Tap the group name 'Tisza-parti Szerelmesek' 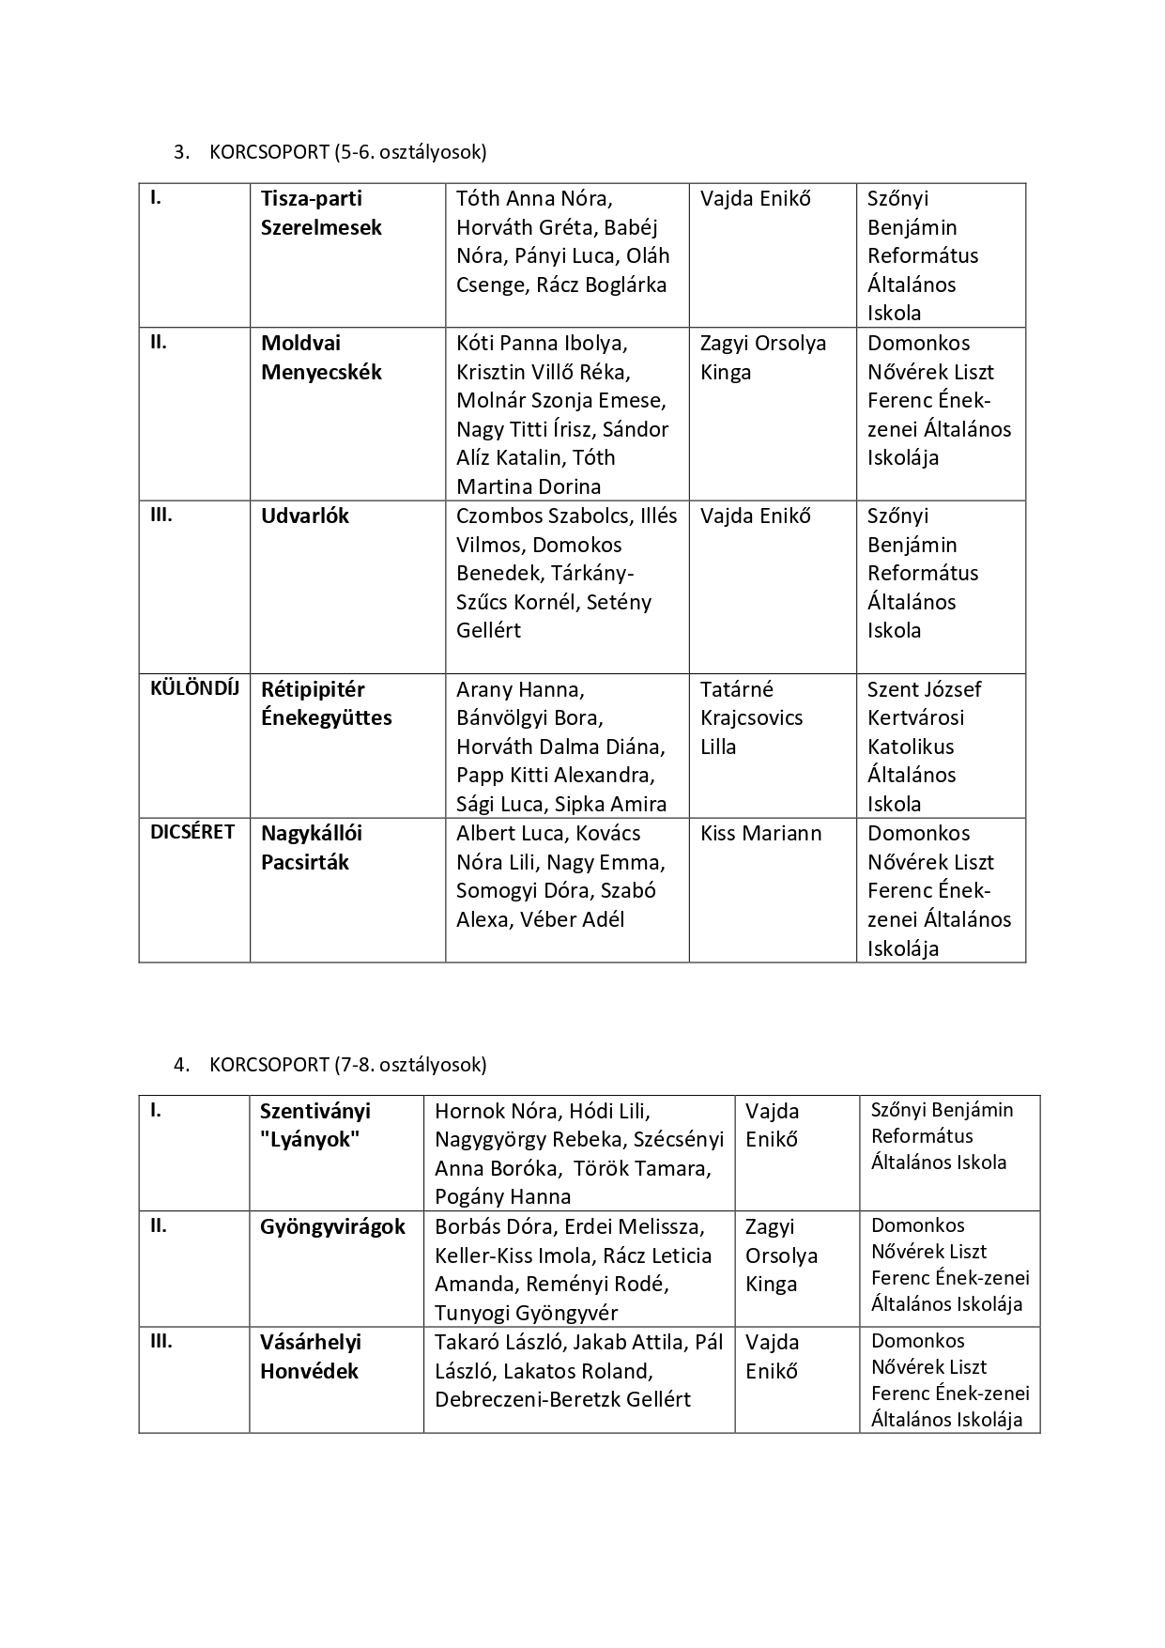pos(321,213)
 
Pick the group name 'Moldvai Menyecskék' pos(321,358)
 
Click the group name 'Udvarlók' pos(305,516)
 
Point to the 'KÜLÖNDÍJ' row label pos(194,688)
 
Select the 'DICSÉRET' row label pos(192,833)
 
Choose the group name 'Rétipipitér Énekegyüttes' pos(326,703)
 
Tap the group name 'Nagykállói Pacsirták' pos(311,848)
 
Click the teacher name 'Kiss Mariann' pos(760,834)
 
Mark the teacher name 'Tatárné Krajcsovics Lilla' pos(751,718)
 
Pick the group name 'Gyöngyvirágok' pos(332,1227)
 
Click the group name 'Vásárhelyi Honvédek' pos(310,1357)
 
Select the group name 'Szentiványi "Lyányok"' pos(314,1125)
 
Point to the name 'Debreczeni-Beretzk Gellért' pos(562,1400)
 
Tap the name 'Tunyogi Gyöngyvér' pos(526,1314)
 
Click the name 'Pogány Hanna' pos(502,1197)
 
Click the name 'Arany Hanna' pos(519,690)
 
